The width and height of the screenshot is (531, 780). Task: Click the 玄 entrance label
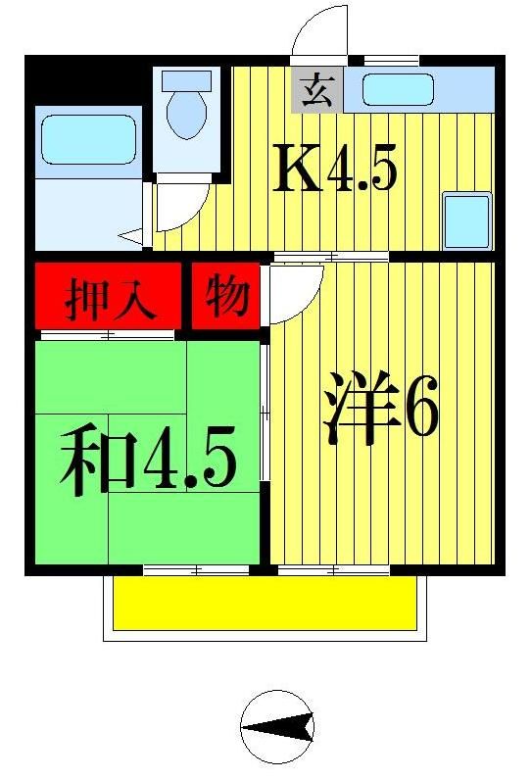314,91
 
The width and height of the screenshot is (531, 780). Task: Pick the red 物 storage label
226,295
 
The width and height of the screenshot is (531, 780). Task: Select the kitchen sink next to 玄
397,91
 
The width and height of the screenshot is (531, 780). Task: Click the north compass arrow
277,726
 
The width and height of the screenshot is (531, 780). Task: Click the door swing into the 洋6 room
294,292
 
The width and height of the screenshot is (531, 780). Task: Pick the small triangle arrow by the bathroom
130,235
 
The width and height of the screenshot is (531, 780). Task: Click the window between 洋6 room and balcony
333,569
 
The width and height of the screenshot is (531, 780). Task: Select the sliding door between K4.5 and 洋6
330,257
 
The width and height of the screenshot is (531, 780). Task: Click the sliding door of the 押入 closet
107,336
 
